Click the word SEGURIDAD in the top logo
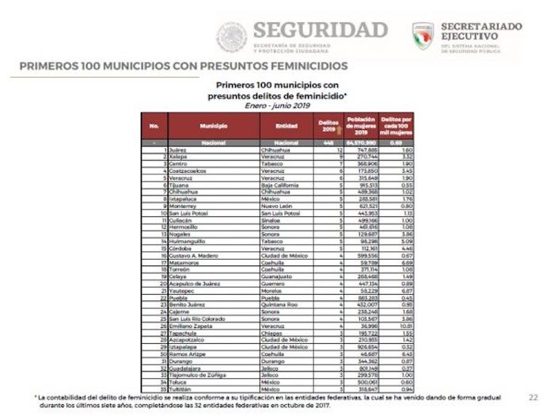pyautogui.click(x=320, y=30)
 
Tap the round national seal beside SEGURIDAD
pyautogui.click(x=232, y=36)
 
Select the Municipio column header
pyautogui.click(x=214, y=126)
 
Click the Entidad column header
pyautogui.click(x=286, y=126)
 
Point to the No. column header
pyautogui.click(x=154, y=126)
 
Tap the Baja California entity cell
pyautogui.click(x=283, y=185)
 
